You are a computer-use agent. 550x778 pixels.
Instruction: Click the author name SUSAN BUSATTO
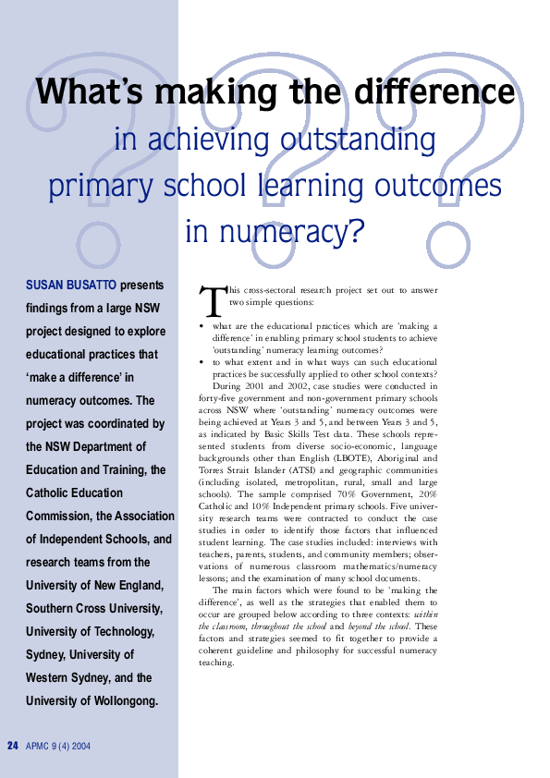point(71,286)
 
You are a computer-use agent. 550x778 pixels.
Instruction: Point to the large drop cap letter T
point(212,298)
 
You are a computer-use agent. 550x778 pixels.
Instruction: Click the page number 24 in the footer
point(13,746)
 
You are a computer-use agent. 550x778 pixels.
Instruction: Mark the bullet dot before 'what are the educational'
point(202,326)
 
